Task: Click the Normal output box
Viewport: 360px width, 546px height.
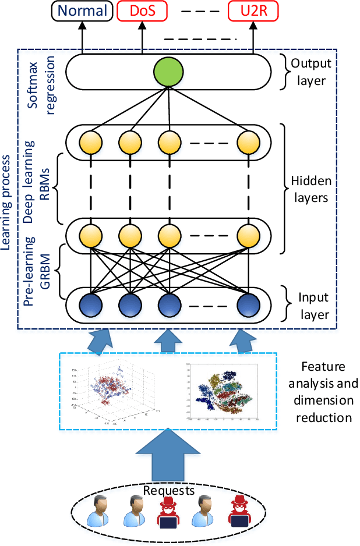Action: tap(82, 11)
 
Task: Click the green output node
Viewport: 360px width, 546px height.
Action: tap(168, 73)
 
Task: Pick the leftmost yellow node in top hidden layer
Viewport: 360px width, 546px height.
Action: tap(92, 141)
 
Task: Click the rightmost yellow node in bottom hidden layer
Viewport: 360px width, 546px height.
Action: tap(248, 235)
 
